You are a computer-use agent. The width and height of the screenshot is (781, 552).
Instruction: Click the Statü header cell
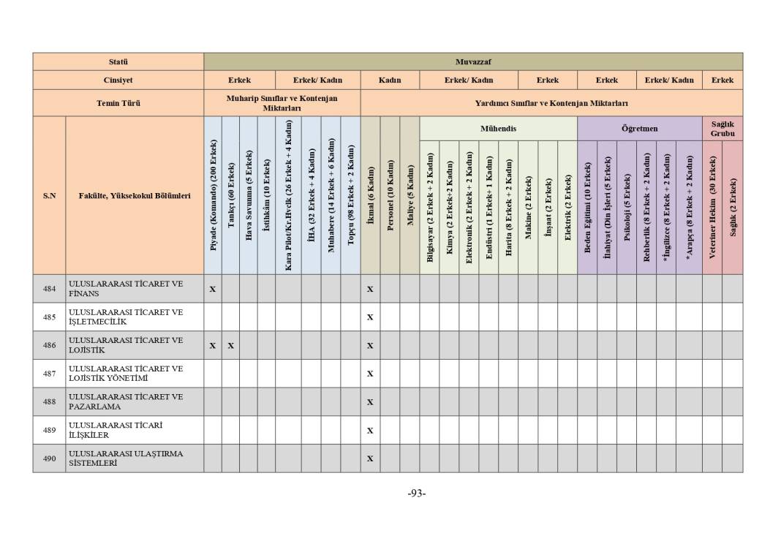(118, 61)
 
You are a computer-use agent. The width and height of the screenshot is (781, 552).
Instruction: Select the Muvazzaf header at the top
(472, 61)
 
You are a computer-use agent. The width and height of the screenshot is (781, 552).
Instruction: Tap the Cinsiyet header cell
(118, 80)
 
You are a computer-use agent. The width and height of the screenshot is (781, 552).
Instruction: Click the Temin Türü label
(118, 103)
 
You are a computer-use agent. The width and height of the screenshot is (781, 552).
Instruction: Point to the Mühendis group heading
(498, 129)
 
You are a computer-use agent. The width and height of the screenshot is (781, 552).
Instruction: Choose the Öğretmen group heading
(639, 129)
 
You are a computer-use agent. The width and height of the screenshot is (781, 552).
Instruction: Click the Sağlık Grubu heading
(722, 129)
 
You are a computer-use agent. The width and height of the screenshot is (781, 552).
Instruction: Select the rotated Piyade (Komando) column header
(213, 195)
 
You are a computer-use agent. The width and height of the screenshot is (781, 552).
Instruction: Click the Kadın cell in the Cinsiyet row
(390, 80)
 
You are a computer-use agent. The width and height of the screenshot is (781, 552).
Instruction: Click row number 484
(49, 289)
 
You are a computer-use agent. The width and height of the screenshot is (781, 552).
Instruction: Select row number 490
(49, 458)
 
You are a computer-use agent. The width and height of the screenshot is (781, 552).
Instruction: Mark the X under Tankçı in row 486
(230, 346)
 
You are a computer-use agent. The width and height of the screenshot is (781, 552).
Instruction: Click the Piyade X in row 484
(213, 289)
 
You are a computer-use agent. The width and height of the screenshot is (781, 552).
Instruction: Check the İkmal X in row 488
(370, 402)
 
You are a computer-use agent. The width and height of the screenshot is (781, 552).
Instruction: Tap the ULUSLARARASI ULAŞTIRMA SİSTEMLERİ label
(126, 458)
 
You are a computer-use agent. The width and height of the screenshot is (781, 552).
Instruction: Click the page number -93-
(417, 494)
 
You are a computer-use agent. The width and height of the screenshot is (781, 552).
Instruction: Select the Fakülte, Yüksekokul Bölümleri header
(135, 195)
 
